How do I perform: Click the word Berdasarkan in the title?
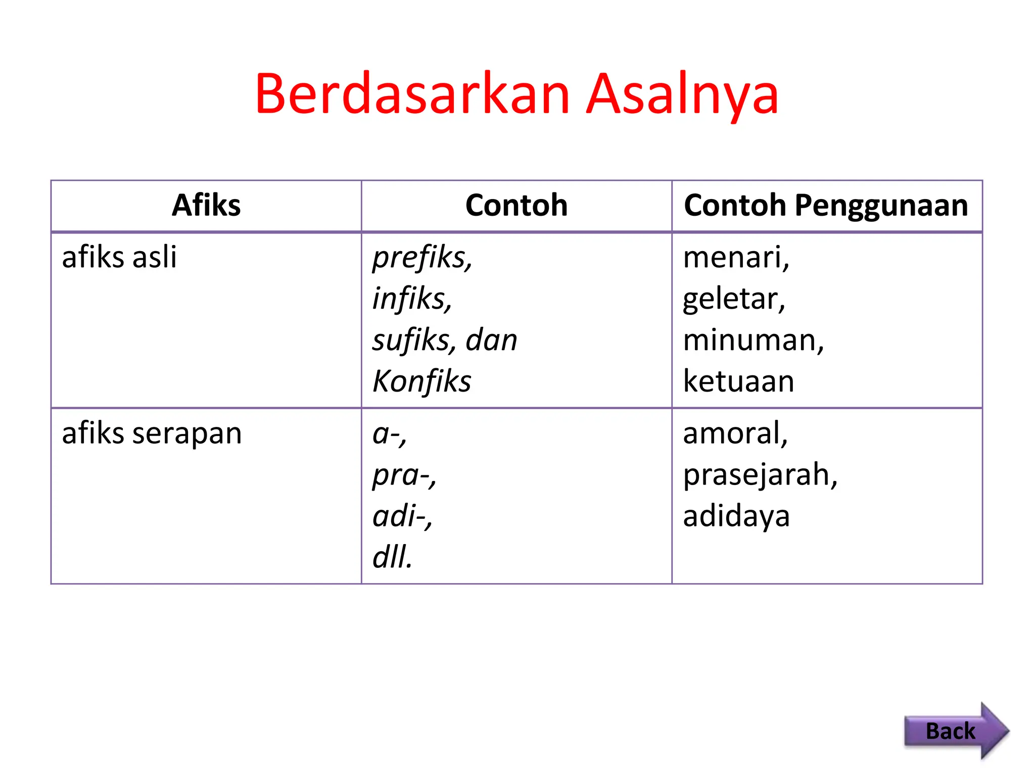pos(412,94)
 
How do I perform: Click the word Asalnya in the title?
pos(682,94)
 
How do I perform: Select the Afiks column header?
pos(206,205)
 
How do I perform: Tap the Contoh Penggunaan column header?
pos(826,205)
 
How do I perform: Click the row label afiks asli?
pos(119,257)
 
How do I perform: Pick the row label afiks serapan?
pos(152,433)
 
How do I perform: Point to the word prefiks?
pos(421,258)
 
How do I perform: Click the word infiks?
pos(411,299)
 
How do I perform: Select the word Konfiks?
pos(421,381)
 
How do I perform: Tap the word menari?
pos(735,258)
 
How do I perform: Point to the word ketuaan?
pos(738,381)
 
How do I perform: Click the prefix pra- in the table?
pos(403,475)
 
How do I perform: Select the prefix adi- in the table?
pos(402,516)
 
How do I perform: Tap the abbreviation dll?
pos(392,557)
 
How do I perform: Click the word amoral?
pos(734,433)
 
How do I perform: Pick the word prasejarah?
pos(759,475)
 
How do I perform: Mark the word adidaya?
pos(736,516)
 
